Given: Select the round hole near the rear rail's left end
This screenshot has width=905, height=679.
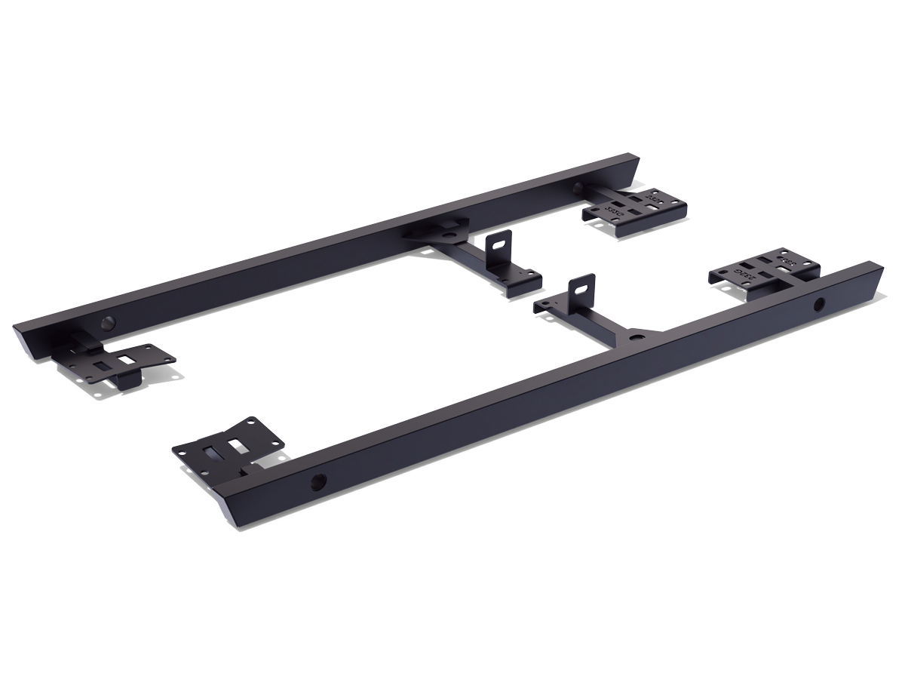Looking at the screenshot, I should [x=106, y=324].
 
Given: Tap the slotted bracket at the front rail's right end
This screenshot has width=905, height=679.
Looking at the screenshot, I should [x=762, y=274].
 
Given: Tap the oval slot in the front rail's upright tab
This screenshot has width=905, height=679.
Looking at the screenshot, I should [x=581, y=287].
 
